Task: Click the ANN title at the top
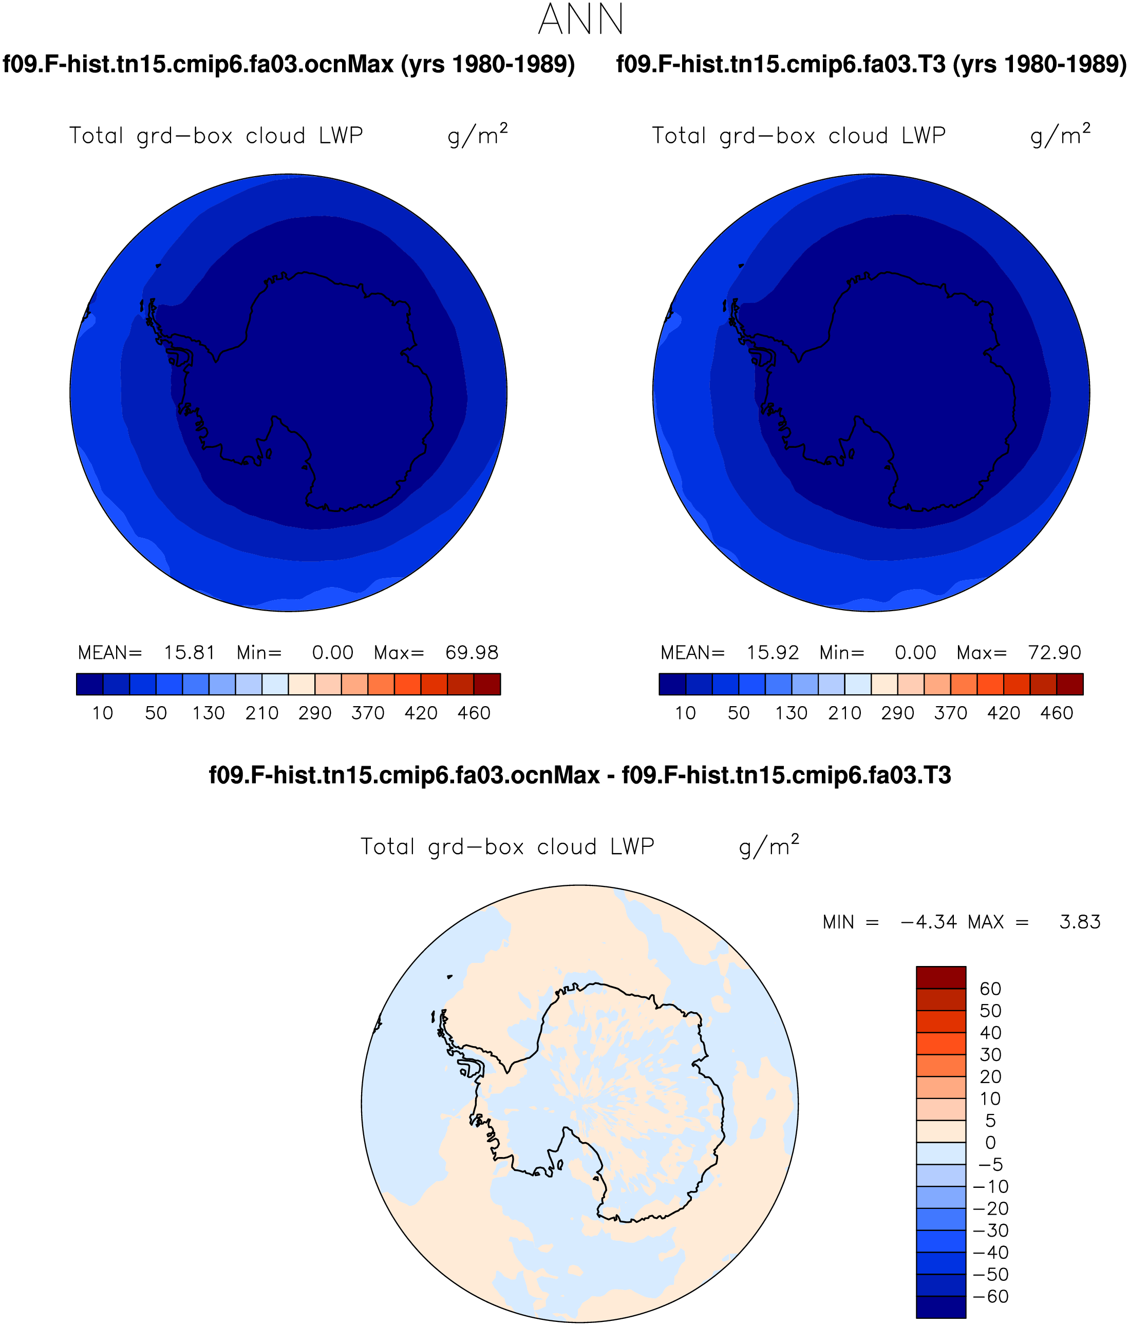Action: (580, 20)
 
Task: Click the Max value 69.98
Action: (472, 653)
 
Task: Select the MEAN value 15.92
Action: (773, 653)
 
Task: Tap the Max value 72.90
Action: (1055, 653)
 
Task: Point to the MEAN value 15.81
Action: (190, 653)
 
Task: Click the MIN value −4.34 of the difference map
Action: (928, 922)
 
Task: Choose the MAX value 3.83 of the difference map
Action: (1080, 922)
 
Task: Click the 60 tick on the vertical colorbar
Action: (990, 989)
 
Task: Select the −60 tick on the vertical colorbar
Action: (991, 1297)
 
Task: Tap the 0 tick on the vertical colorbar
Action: (990, 1142)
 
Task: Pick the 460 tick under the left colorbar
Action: (474, 713)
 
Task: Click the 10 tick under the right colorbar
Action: (685, 713)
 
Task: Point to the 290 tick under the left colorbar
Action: (315, 713)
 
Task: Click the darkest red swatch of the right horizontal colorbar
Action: (1069, 684)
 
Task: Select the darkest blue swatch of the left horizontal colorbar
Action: (89, 684)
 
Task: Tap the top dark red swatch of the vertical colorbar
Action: (941, 978)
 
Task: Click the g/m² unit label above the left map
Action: (478, 135)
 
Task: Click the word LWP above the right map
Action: (924, 136)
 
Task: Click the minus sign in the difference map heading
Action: (611, 777)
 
